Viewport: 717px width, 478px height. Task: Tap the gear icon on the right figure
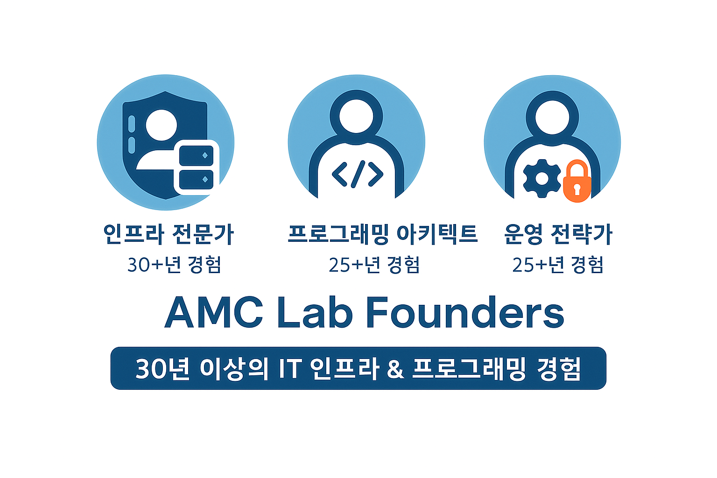542,178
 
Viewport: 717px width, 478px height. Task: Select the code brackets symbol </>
358,174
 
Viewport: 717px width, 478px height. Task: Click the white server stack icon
197,167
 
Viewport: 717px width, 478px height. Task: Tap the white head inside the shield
162,125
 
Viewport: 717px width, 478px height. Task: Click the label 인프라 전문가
168,234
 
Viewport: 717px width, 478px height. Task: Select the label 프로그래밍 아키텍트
383,234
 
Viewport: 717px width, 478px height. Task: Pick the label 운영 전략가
558,234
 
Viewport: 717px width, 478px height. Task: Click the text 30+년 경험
174,265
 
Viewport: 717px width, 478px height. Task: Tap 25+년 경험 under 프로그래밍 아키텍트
374,265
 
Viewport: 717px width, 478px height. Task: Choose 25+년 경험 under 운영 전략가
558,265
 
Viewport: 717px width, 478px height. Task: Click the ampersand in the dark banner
395,369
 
